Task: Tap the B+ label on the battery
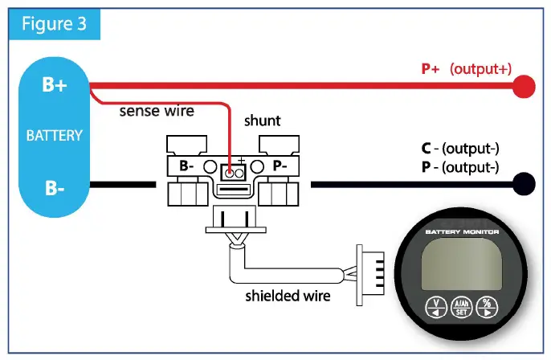click(55, 84)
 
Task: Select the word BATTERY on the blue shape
click(55, 136)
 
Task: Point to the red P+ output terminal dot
click(524, 86)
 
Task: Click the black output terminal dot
click(524, 185)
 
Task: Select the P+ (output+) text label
click(467, 69)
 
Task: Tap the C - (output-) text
click(459, 149)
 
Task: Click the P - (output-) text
click(459, 167)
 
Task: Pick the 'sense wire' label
click(157, 111)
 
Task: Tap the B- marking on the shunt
click(186, 166)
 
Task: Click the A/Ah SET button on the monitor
click(462, 308)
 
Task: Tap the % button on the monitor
click(488, 307)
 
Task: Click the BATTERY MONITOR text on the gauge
click(462, 232)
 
